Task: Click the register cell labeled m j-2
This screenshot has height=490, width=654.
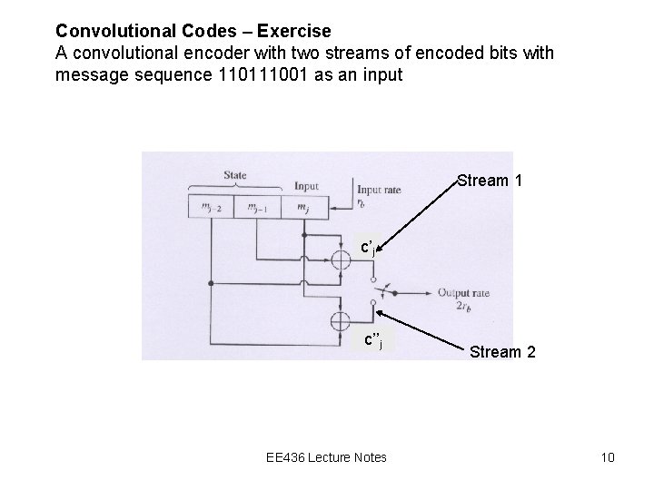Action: pos(211,208)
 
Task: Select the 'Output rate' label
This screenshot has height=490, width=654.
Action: pos(462,292)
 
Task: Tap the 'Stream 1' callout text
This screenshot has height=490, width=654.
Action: pos(490,181)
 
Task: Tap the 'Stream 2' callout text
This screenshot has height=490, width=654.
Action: pos(502,351)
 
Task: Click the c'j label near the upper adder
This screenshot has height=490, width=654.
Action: pos(368,247)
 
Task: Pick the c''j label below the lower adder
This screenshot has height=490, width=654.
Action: pos(372,341)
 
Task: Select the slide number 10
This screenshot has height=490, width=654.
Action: pos(607,456)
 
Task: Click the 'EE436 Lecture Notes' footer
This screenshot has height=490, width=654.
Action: pos(327,456)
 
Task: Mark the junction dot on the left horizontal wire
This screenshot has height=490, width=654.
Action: pos(211,283)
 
